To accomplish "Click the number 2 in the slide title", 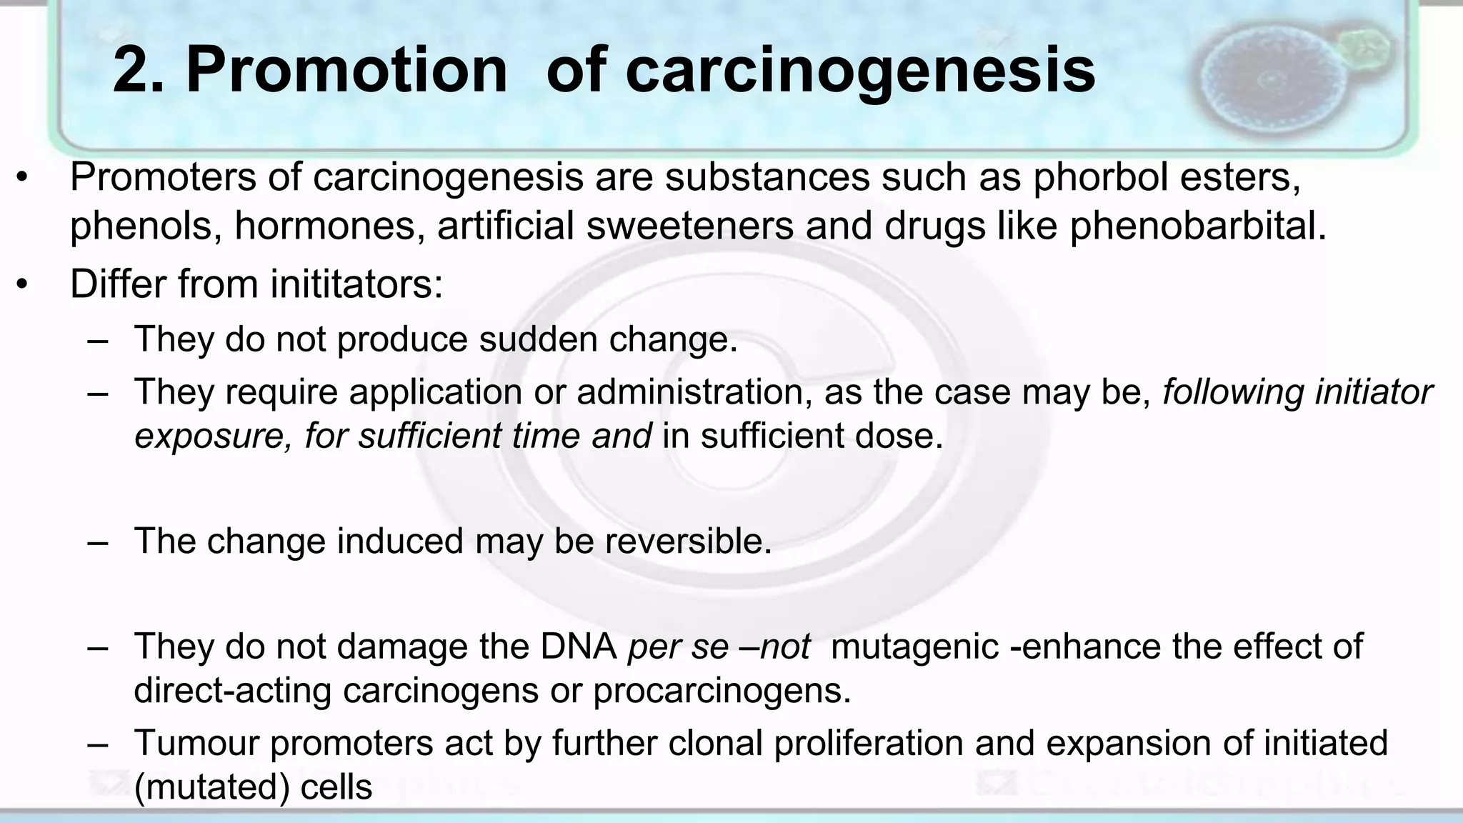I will point(134,70).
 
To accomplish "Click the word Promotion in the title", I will point(346,70).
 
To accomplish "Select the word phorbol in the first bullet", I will point(1099,177).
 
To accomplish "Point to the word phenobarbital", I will point(1197,226).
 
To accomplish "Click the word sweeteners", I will point(689,226).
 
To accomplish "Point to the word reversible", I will point(688,541).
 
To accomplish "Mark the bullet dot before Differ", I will point(23,285).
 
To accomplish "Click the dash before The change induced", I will point(98,542).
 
